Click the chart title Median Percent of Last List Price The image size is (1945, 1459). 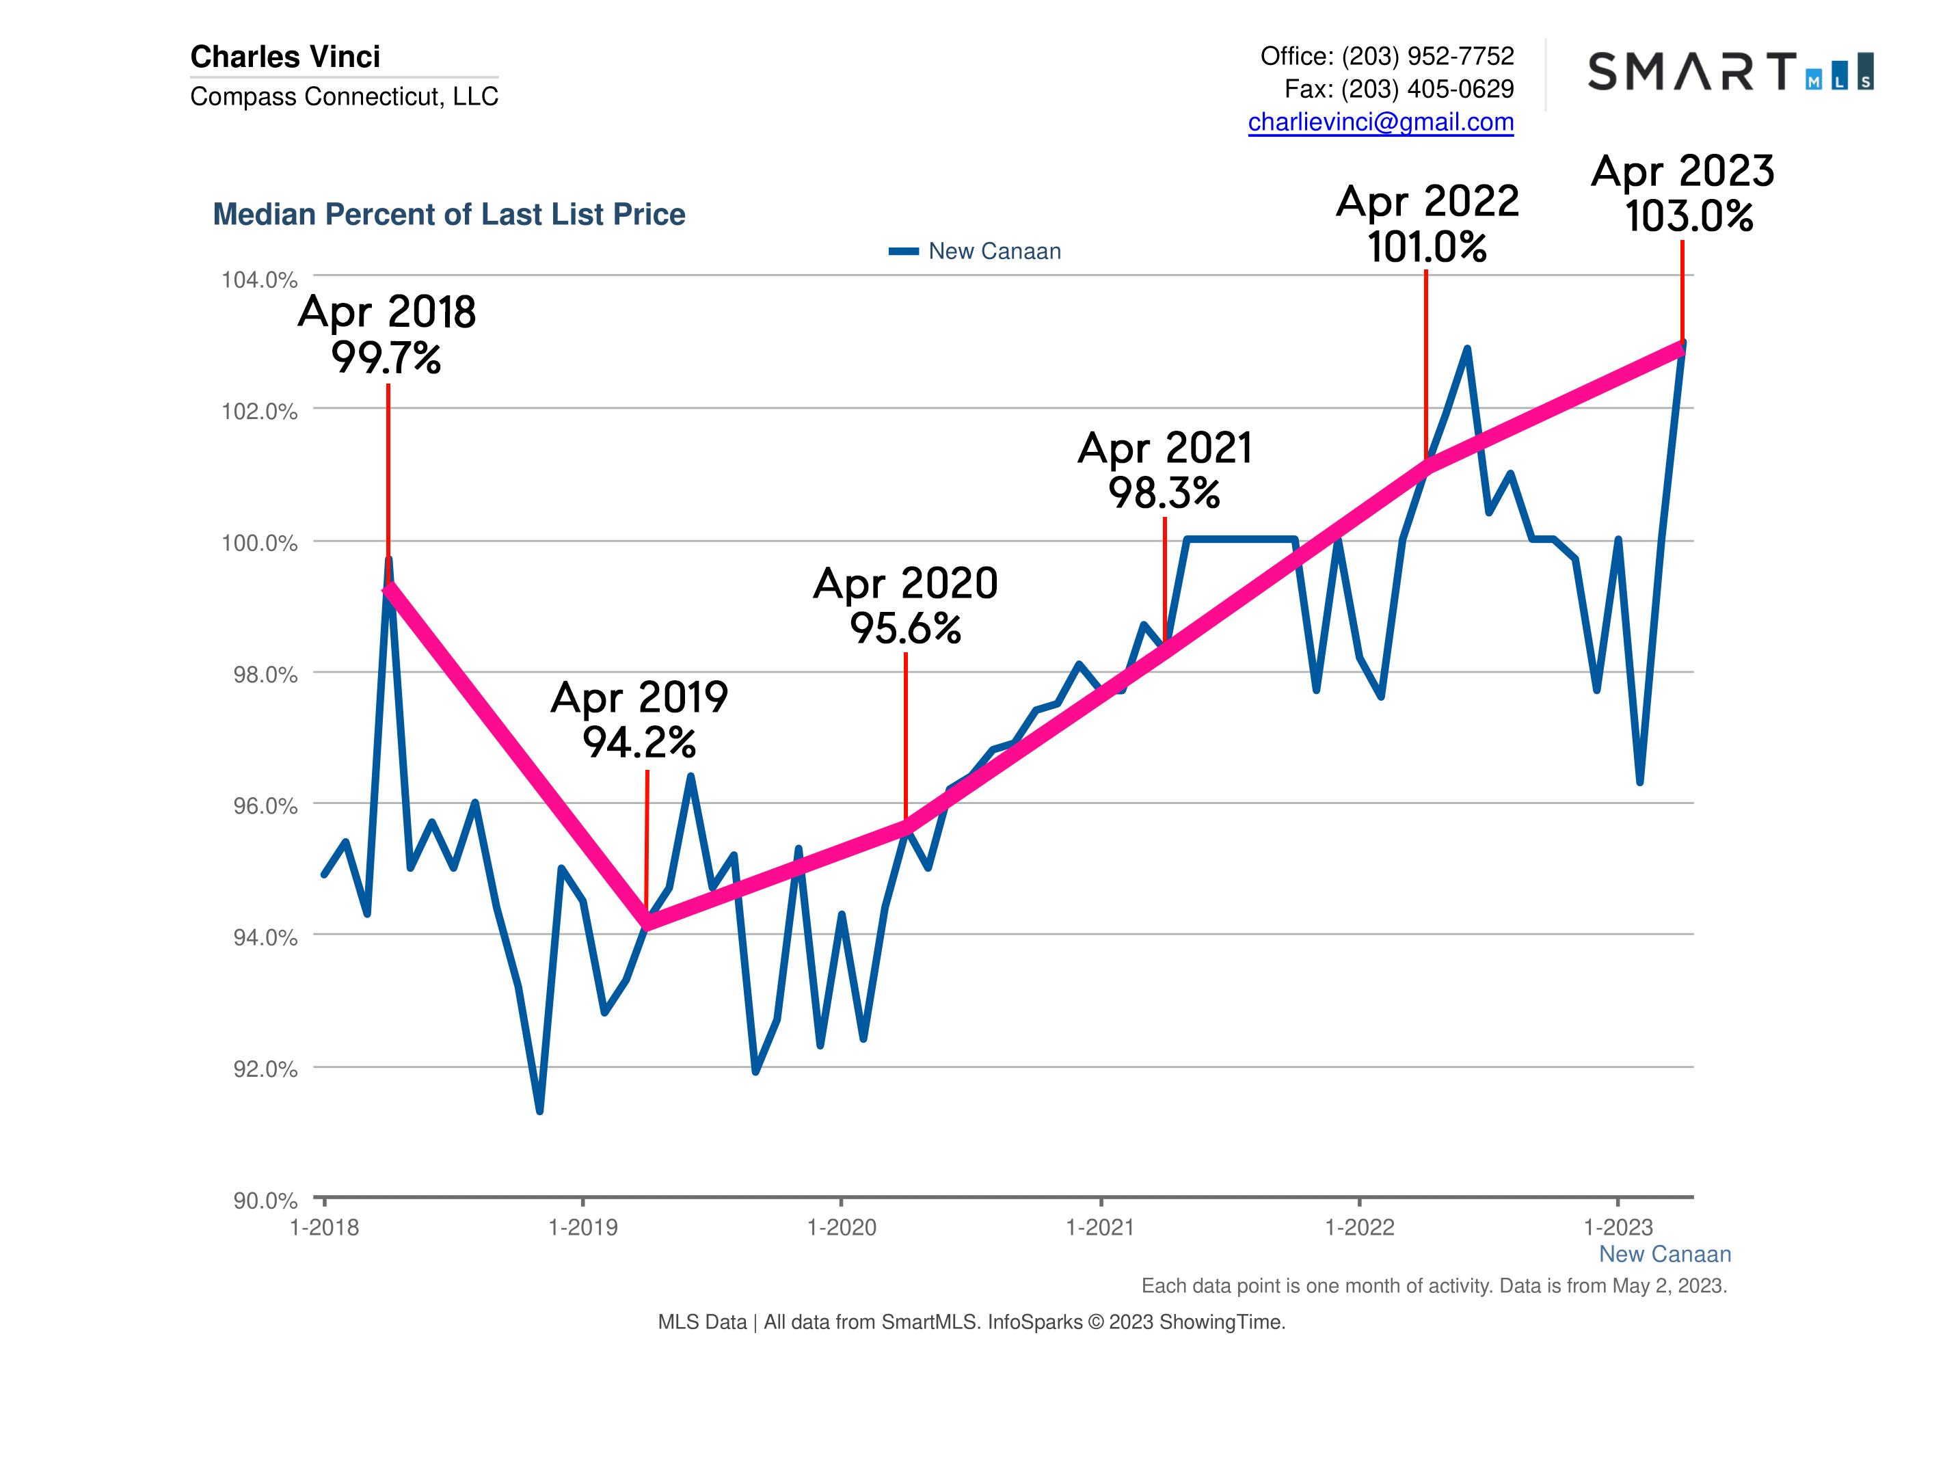pyautogui.click(x=448, y=215)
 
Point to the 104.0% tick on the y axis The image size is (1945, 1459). pyautogui.click(x=259, y=280)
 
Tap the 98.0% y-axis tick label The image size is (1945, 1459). pyautogui.click(x=265, y=675)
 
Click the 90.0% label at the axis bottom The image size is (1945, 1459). pyautogui.click(x=265, y=1201)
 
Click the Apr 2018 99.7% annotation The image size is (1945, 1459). pyautogui.click(x=387, y=335)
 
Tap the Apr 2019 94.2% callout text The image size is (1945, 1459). pyautogui.click(x=639, y=719)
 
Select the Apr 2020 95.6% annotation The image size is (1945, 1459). pyautogui.click(x=906, y=605)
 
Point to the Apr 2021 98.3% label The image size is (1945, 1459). pyautogui.click(x=1164, y=470)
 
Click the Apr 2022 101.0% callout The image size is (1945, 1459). pyautogui.click(x=1427, y=224)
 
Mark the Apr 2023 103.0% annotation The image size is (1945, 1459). pyautogui.click(x=1683, y=193)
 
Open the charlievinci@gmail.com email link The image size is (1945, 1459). pyautogui.click(x=1380, y=122)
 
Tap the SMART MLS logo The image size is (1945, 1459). pyautogui.click(x=1730, y=71)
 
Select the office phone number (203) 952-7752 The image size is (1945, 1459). pyautogui.click(x=1427, y=56)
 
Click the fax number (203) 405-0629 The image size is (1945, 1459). pyautogui.click(x=1427, y=89)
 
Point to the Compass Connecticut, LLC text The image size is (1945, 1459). pyautogui.click(x=344, y=96)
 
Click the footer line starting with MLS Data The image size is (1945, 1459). pyautogui.click(x=971, y=1322)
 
